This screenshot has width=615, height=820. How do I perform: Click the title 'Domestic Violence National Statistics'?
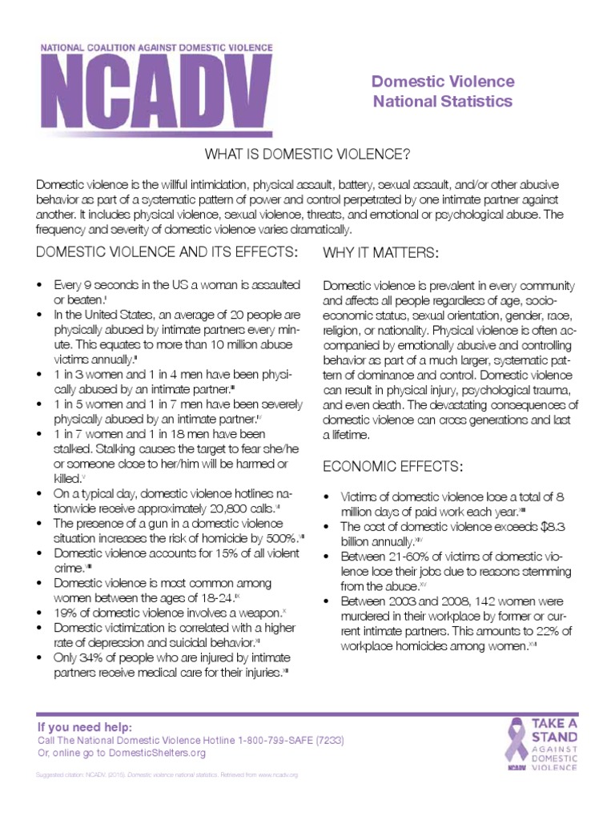point(442,91)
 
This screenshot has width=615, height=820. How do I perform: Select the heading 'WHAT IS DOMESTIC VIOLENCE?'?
point(307,153)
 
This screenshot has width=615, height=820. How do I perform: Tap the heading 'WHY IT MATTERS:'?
point(380,253)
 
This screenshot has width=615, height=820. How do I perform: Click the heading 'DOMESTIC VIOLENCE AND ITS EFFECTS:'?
point(167,253)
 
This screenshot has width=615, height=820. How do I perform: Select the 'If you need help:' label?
point(84,727)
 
